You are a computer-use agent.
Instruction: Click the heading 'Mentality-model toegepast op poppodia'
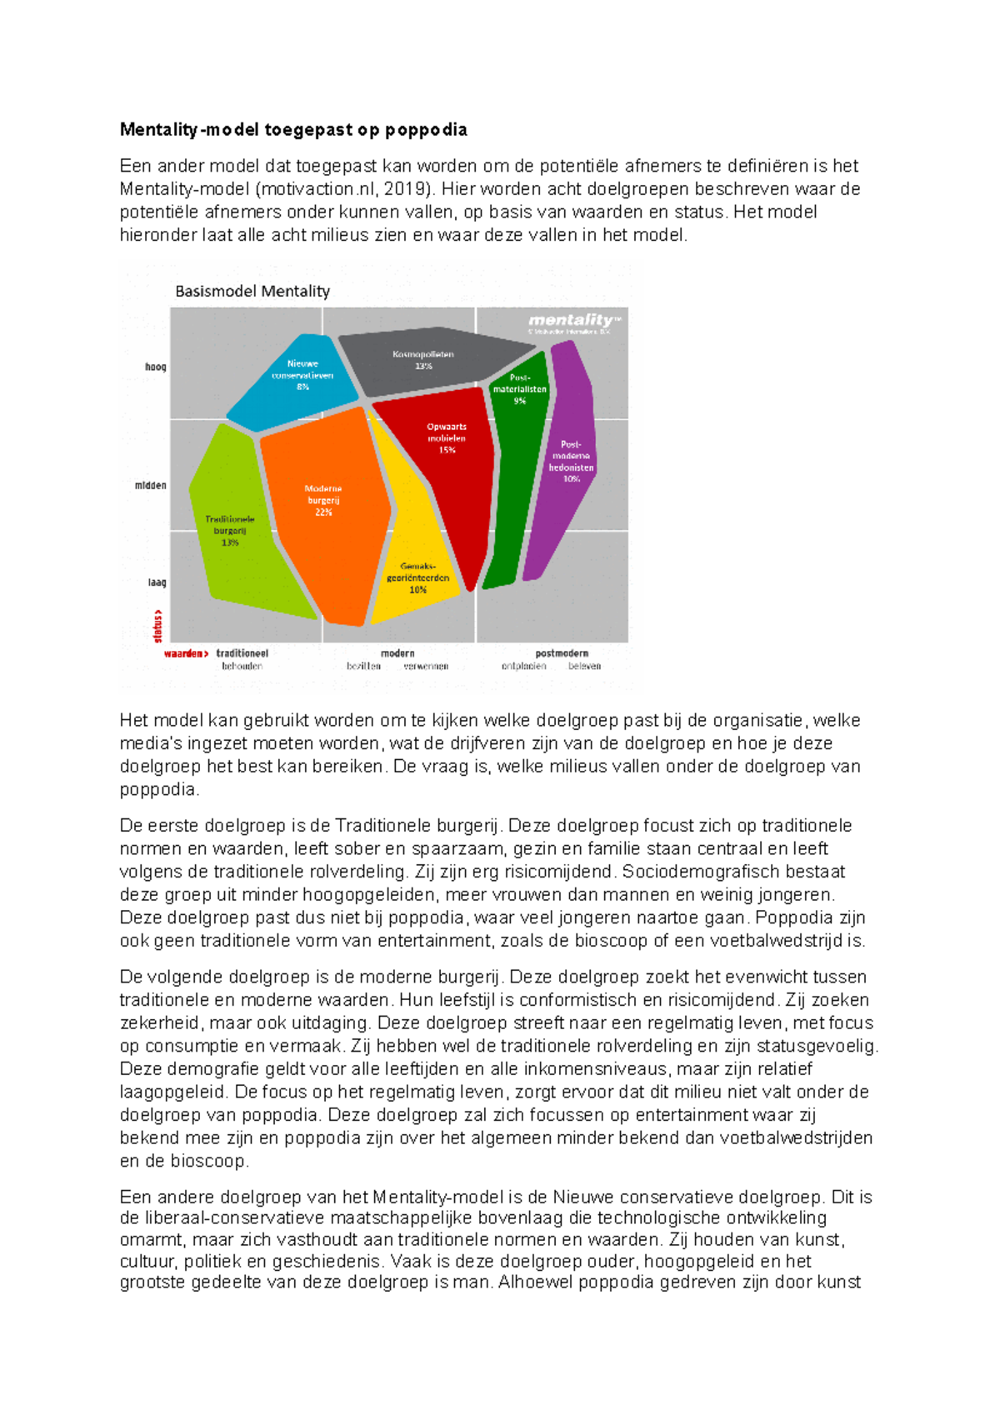pyautogui.click(x=293, y=129)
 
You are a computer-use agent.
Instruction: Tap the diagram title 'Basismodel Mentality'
pyautogui.click(x=252, y=291)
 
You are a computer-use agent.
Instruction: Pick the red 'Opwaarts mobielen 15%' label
pyautogui.click(x=447, y=438)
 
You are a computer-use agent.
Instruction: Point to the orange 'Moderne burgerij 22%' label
pyautogui.click(x=323, y=500)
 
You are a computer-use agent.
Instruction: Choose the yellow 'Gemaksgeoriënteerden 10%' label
pyautogui.click(x=417, y=577)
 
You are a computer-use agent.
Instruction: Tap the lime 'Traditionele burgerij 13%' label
pyautogui.click(x=230, y=531)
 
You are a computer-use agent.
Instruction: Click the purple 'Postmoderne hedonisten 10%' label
pyautogui.click(x=571, y=462)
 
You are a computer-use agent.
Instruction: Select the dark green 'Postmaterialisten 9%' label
pyautogui.click(x=519, y=389)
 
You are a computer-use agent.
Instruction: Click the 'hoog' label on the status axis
pyautogui.click(x=155, y=367)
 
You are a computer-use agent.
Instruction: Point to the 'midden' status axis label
pyautogui.click(x=151, y=485)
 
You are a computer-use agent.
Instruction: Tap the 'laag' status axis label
pyautogui.click(x=157, y=582)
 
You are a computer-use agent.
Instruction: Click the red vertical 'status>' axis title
pyautogui.click(x=157, y=626)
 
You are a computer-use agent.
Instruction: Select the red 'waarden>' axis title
pyautogui.click(x=186, y=653)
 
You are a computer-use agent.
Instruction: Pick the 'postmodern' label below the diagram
pyautogui.click(x=562, y=653)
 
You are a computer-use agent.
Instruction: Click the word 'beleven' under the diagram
pyautogui.click(x=584, y=667)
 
